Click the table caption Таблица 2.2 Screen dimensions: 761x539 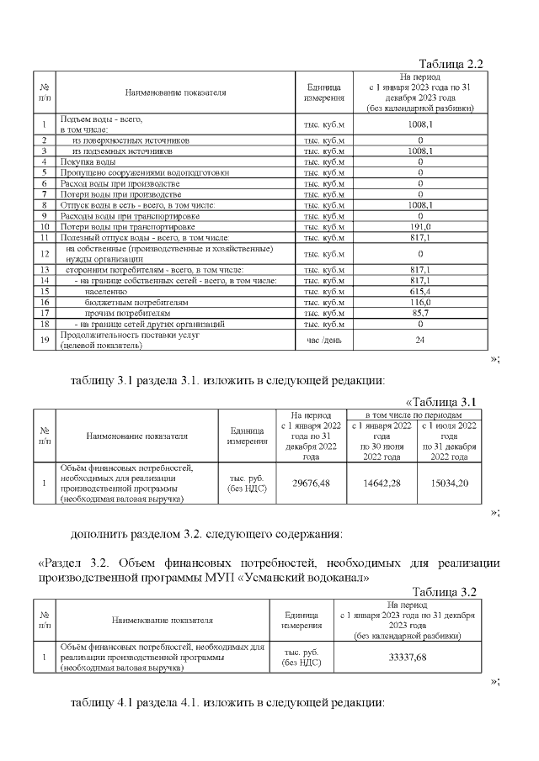pos(451,65)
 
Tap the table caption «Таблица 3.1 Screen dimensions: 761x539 pos(441,401)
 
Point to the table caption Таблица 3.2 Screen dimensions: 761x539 pos(447,592)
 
